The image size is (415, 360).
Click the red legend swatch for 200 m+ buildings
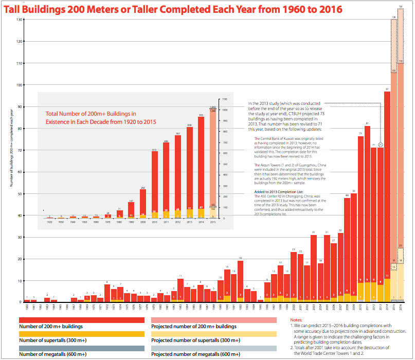pyautogui.click(x=81, y=320)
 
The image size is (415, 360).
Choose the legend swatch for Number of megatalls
pyautogui.click(x=81, y=348)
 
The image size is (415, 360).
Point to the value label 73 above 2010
pyautogui.click(x=360, y=134)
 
